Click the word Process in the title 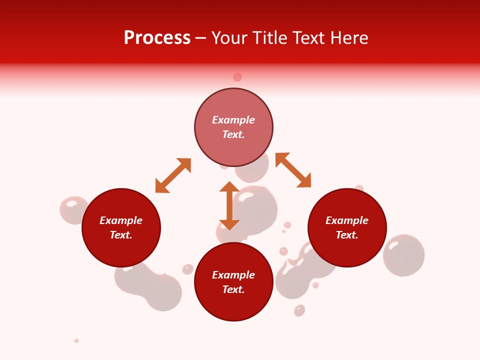[157, 38]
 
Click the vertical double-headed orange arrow [229, 205]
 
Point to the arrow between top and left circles [173, 175]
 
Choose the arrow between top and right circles [293, 170]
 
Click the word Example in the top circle [233, 120]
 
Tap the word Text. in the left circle [121, 235]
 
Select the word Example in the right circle [347, 220]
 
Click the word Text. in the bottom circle [233, 289]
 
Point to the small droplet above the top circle [237, 77]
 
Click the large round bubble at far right [404, 255]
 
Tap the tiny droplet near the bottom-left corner [76, 340]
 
